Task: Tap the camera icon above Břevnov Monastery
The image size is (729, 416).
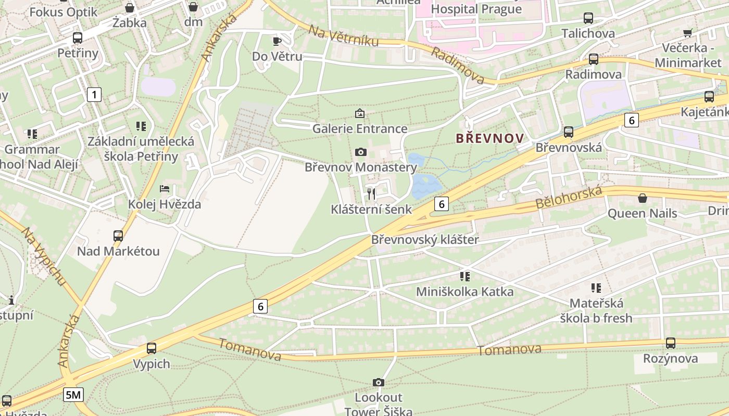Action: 360,152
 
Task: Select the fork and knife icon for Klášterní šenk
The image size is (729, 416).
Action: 371,194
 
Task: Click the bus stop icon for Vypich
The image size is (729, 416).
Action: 152,348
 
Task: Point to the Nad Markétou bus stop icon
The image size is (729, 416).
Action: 118,236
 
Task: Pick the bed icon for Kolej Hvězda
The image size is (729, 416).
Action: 165,189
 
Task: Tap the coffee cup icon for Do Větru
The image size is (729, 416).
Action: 277,41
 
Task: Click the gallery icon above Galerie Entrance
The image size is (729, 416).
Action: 360,113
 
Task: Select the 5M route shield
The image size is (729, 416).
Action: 73,395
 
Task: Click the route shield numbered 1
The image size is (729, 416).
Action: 94,95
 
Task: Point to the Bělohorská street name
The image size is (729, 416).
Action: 569,198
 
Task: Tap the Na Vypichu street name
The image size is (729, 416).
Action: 44,256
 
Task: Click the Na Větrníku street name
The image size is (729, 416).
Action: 343,35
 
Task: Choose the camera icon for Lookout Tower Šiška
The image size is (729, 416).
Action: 379,383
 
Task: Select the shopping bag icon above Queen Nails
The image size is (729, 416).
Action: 643,198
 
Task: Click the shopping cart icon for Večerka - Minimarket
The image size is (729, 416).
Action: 687,33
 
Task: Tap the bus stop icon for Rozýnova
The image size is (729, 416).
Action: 671,343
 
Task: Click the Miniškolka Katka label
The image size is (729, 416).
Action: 464,292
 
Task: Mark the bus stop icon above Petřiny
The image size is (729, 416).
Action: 78,38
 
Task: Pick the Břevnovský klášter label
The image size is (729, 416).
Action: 424,240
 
